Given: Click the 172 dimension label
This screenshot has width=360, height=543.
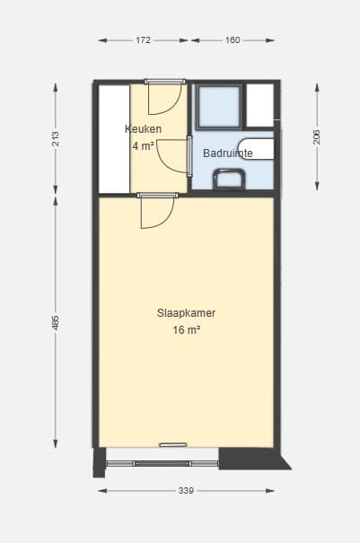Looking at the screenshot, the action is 143,40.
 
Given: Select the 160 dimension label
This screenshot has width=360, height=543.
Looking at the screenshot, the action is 233,40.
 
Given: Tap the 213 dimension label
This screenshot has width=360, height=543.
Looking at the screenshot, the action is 56,138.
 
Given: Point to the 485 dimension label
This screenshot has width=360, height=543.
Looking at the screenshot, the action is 56,322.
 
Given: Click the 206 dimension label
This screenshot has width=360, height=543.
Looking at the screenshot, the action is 317,137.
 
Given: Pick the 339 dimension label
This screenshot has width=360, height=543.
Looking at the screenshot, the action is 186,490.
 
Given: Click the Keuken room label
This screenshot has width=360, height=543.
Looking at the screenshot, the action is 143,129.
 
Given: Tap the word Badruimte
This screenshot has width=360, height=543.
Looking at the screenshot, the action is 228,153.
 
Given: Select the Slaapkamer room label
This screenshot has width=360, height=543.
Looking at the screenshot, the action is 187,312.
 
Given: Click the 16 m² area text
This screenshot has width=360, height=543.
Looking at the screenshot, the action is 187,329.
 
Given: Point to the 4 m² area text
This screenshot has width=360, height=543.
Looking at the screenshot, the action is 143,146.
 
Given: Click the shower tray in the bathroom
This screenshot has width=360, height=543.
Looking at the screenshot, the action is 219,106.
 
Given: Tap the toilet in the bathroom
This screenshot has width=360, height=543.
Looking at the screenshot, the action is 229,179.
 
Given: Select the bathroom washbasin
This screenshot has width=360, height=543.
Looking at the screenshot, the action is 256,149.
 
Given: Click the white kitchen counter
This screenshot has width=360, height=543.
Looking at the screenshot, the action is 114,139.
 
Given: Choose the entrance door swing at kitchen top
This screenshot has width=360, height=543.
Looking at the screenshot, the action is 165,97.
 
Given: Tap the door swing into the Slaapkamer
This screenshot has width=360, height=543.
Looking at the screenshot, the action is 157,211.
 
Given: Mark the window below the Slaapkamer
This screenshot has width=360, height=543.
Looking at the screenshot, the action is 162,463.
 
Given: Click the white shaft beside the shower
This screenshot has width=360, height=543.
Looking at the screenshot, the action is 259,105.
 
